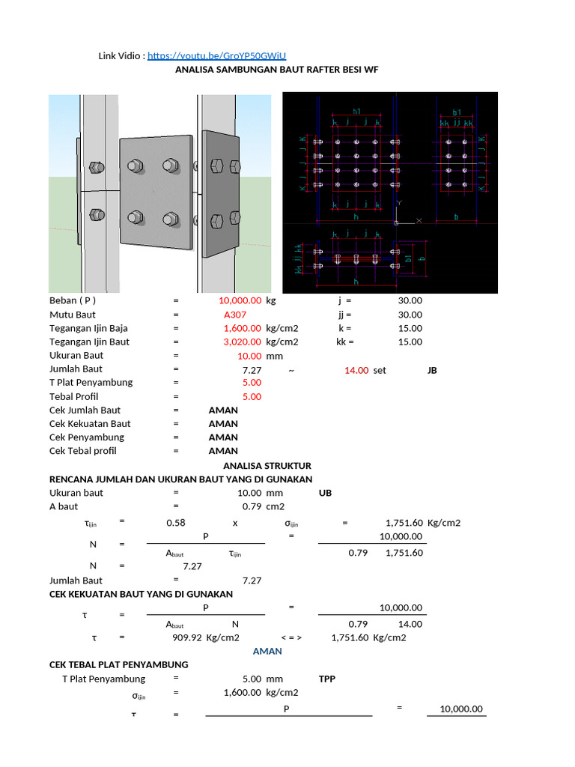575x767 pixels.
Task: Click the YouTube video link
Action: (216, 56)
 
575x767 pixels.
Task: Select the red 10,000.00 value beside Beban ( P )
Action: (240, 300)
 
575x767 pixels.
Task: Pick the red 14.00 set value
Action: (356, 370)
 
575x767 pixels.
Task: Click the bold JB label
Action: (432, 370)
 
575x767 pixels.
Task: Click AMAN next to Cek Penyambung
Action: (223, 437)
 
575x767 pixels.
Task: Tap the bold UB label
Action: (325, 493)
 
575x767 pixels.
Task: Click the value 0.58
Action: (176, 522)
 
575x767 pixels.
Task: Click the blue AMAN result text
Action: (267, 652)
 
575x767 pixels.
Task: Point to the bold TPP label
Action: (327, 679)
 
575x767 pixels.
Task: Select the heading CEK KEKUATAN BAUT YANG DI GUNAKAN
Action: (141, 594)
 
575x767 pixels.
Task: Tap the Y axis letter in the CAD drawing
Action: (400, 202)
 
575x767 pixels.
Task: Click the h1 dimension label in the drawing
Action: (356, 111)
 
